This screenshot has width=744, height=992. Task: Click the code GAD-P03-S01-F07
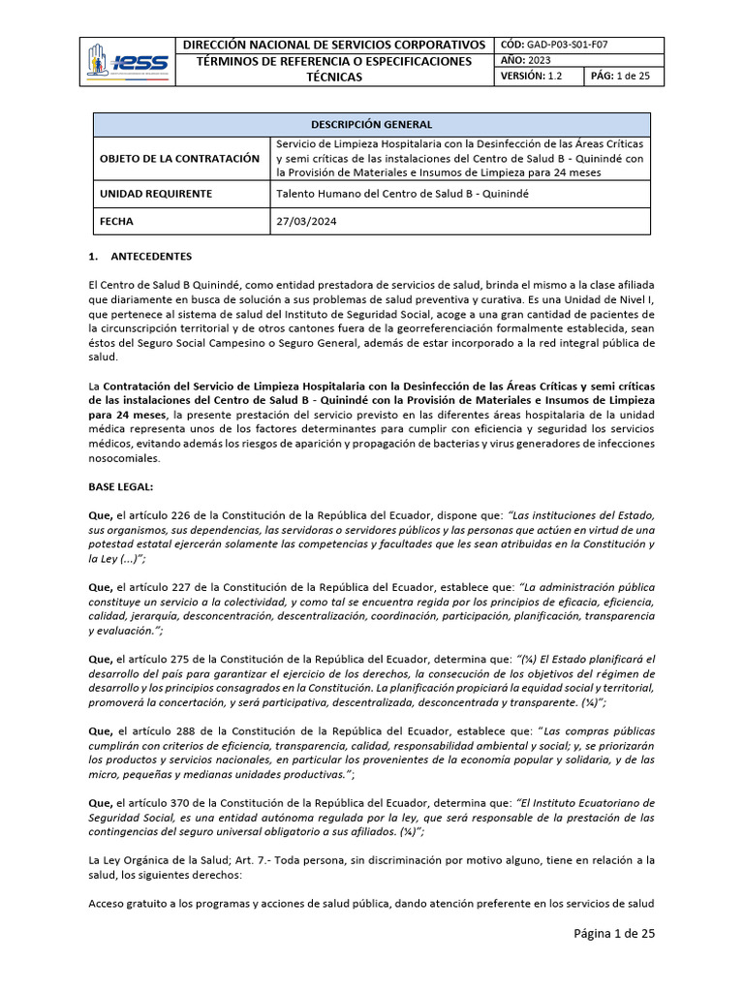click(568, 45)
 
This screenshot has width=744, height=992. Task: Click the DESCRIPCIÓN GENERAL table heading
click(371, 125)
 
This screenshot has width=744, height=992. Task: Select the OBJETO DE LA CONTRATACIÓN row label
click(179, 158)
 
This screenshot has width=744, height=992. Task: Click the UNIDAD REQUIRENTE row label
click(156, 194)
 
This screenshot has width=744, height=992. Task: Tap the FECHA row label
click(117, 221)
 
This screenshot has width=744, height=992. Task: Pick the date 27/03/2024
click(306, 221)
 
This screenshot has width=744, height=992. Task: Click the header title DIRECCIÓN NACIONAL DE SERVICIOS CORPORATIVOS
click(334, 45)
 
